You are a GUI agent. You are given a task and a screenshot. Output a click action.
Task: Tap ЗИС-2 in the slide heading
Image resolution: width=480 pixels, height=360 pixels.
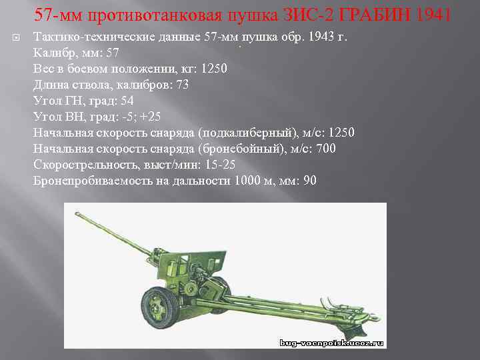click(x=305, y=14)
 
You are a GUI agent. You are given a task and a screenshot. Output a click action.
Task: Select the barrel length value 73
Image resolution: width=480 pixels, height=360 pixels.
click(x=181, y=85)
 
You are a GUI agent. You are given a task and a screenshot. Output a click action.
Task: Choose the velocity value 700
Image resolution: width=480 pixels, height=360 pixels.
click(x=325, y=149)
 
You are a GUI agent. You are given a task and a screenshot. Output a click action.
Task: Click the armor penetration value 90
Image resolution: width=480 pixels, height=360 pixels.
click(x=309, y=181)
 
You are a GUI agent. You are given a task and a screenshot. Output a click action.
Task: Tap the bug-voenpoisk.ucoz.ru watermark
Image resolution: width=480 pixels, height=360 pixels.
click(x=331, y=343)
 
